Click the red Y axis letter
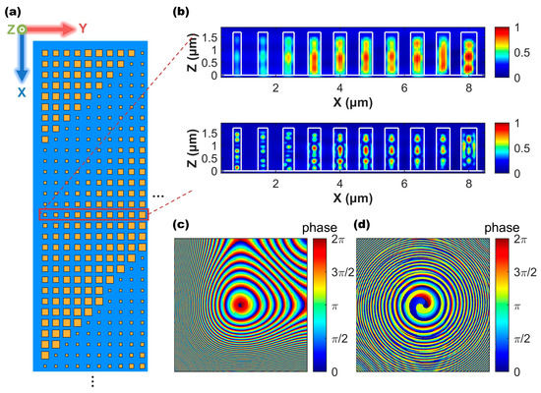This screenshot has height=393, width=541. [84, 28]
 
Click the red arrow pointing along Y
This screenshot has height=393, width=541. [53, 30]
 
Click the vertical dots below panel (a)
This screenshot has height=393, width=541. [91, 381]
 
